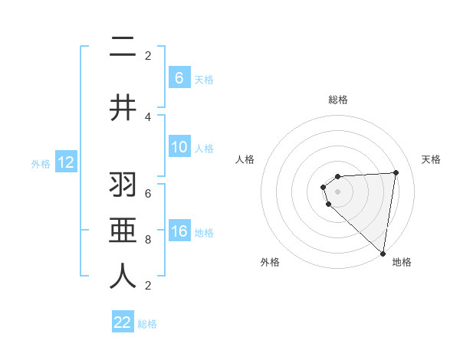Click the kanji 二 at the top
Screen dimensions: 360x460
coord(123,48)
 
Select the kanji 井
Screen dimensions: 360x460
coord(123,107)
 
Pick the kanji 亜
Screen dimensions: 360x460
coord(123,230)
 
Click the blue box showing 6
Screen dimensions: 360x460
coord(179,77)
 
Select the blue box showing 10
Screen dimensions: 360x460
coord(179,147)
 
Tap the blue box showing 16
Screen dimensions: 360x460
coord(179,231)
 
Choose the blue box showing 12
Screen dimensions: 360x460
coord(65,162)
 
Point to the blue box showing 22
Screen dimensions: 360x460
coord(123,322)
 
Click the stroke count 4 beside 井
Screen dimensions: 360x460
coord(148,117)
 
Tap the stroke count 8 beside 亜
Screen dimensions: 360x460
coord(148,240)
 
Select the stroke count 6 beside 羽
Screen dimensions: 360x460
coord(148,194)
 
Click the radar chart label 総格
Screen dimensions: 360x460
coord(338,100)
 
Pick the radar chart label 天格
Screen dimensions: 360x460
coord(431,159)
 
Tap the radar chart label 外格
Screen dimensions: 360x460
coord(269,263)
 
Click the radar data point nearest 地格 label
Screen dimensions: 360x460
coord(383,254)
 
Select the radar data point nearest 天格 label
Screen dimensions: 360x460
coord(396,172)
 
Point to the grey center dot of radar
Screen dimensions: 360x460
coord(338,191)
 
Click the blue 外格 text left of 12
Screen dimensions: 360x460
coord(40,163)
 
